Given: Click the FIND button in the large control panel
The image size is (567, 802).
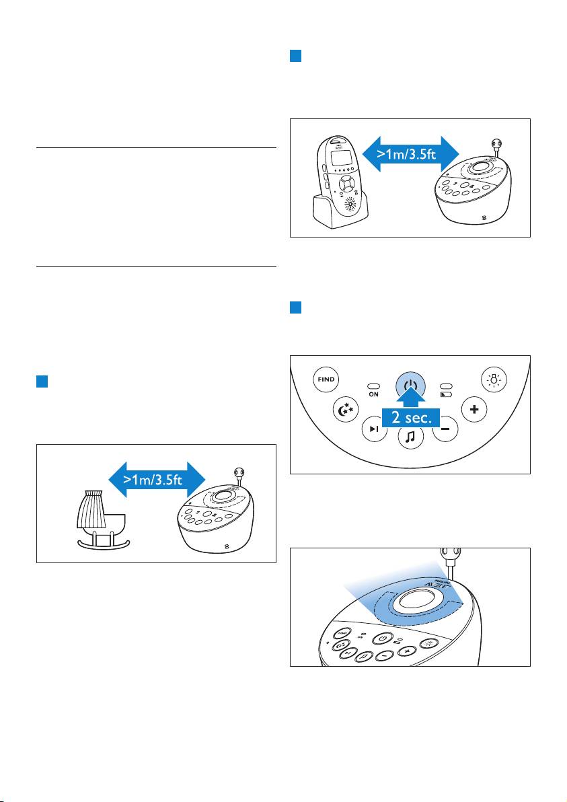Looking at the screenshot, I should [x=327, y=379].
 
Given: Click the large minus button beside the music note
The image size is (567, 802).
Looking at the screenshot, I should [x=445, y=429].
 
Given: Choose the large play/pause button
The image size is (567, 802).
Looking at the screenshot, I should [x=375, y=429].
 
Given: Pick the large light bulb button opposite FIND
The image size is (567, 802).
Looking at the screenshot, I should [x=495, y=379].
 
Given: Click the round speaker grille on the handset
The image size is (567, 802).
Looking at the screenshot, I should [x=350, y=205].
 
